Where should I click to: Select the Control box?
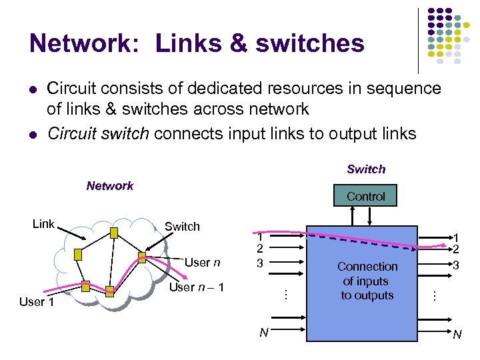click(x=365, y=196)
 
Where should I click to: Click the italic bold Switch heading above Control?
click(x=366, y=169)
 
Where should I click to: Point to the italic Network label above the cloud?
click(x=110, y=186)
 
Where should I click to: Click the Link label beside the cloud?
click(x=43, y=224)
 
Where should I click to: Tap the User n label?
click(x=202, y=262)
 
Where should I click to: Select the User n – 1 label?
click(x=197, y=287)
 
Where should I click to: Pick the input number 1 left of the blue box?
click(x=261, y=237)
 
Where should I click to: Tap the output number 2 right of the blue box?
click(x=456, y=249)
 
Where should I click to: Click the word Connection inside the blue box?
click(x=367, y=267)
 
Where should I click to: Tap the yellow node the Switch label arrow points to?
click(x=142, y=257)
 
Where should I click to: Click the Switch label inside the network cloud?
click(x=182, y=227)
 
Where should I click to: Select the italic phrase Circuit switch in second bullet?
click(x=98, y=133)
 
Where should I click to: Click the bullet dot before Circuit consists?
click(x=32, y=89)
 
